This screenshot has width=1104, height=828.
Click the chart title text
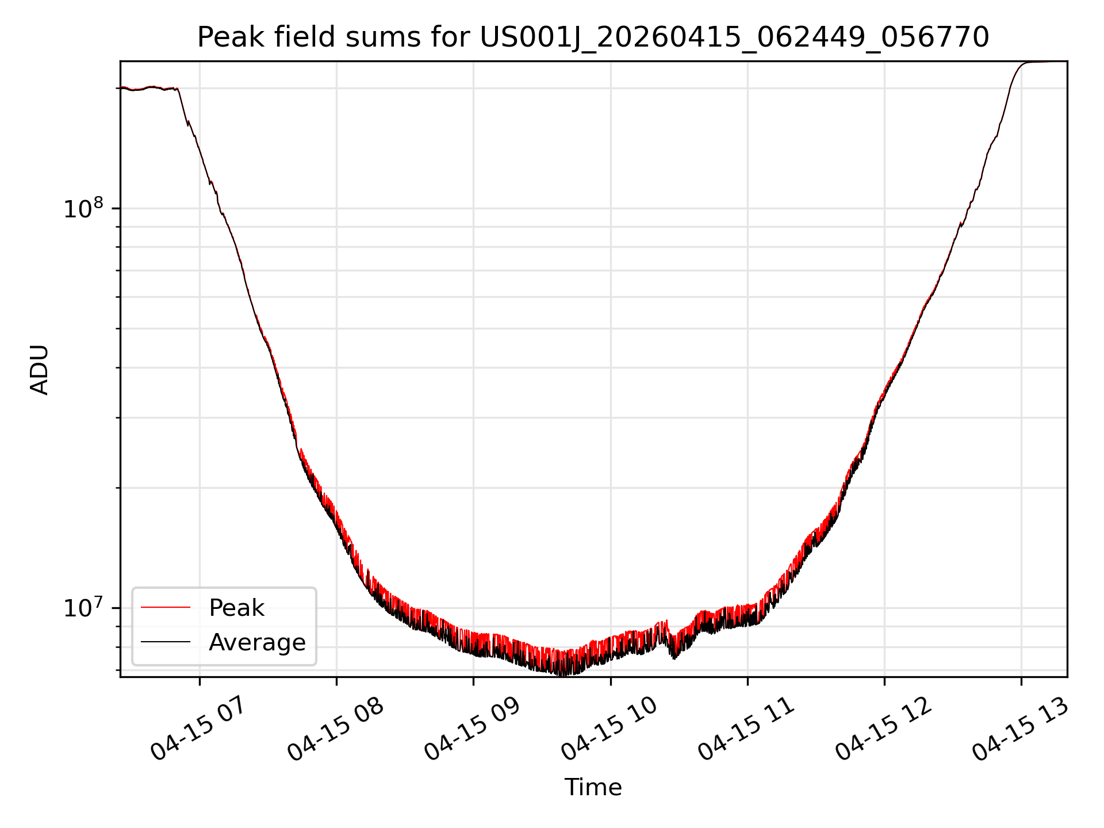click(593, 37)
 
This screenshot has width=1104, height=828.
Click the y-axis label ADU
click(40, 370)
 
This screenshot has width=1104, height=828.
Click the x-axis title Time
click(593, 787)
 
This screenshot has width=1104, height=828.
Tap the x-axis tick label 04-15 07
click(198, 730)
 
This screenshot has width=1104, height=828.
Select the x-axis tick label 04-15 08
click(335, 730)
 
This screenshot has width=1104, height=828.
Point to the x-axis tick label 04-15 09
click(472, 730)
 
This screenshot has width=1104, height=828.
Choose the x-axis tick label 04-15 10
click(609, 730)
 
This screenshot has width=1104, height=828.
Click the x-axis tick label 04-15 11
click(746, 730)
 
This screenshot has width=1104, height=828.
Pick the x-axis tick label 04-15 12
click(883, 730)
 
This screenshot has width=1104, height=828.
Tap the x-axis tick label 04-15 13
click(1020, 730)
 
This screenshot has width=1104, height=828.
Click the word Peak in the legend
click(236, 608)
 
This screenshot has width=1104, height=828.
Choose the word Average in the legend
click(257, 642)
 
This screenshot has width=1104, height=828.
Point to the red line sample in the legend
click(166, 607)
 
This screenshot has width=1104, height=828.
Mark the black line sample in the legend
click(166, 642)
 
